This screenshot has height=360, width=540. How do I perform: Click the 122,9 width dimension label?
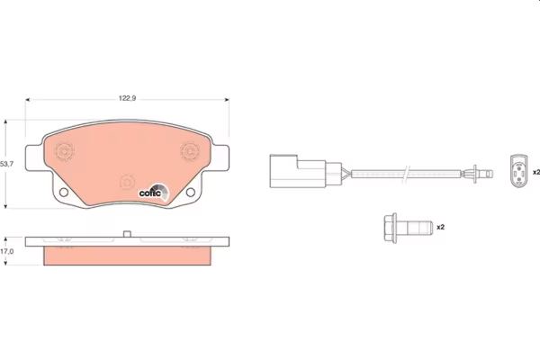pos(127,98)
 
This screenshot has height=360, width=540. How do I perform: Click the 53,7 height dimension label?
pos(6,165)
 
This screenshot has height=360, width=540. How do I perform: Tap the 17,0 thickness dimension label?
pos(7,251)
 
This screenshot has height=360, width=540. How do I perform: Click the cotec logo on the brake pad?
pos(154,193)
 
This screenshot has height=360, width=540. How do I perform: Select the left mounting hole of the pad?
pos(64,192)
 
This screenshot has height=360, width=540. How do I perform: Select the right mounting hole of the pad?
pos(191,192)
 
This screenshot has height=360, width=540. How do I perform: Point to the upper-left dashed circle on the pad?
pos(64,151)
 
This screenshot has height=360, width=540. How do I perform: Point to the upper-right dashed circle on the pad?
pos(190,151)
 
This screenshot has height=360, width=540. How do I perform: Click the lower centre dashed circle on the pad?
pos(127,182)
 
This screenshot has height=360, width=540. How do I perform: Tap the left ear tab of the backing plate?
pos(34,157)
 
